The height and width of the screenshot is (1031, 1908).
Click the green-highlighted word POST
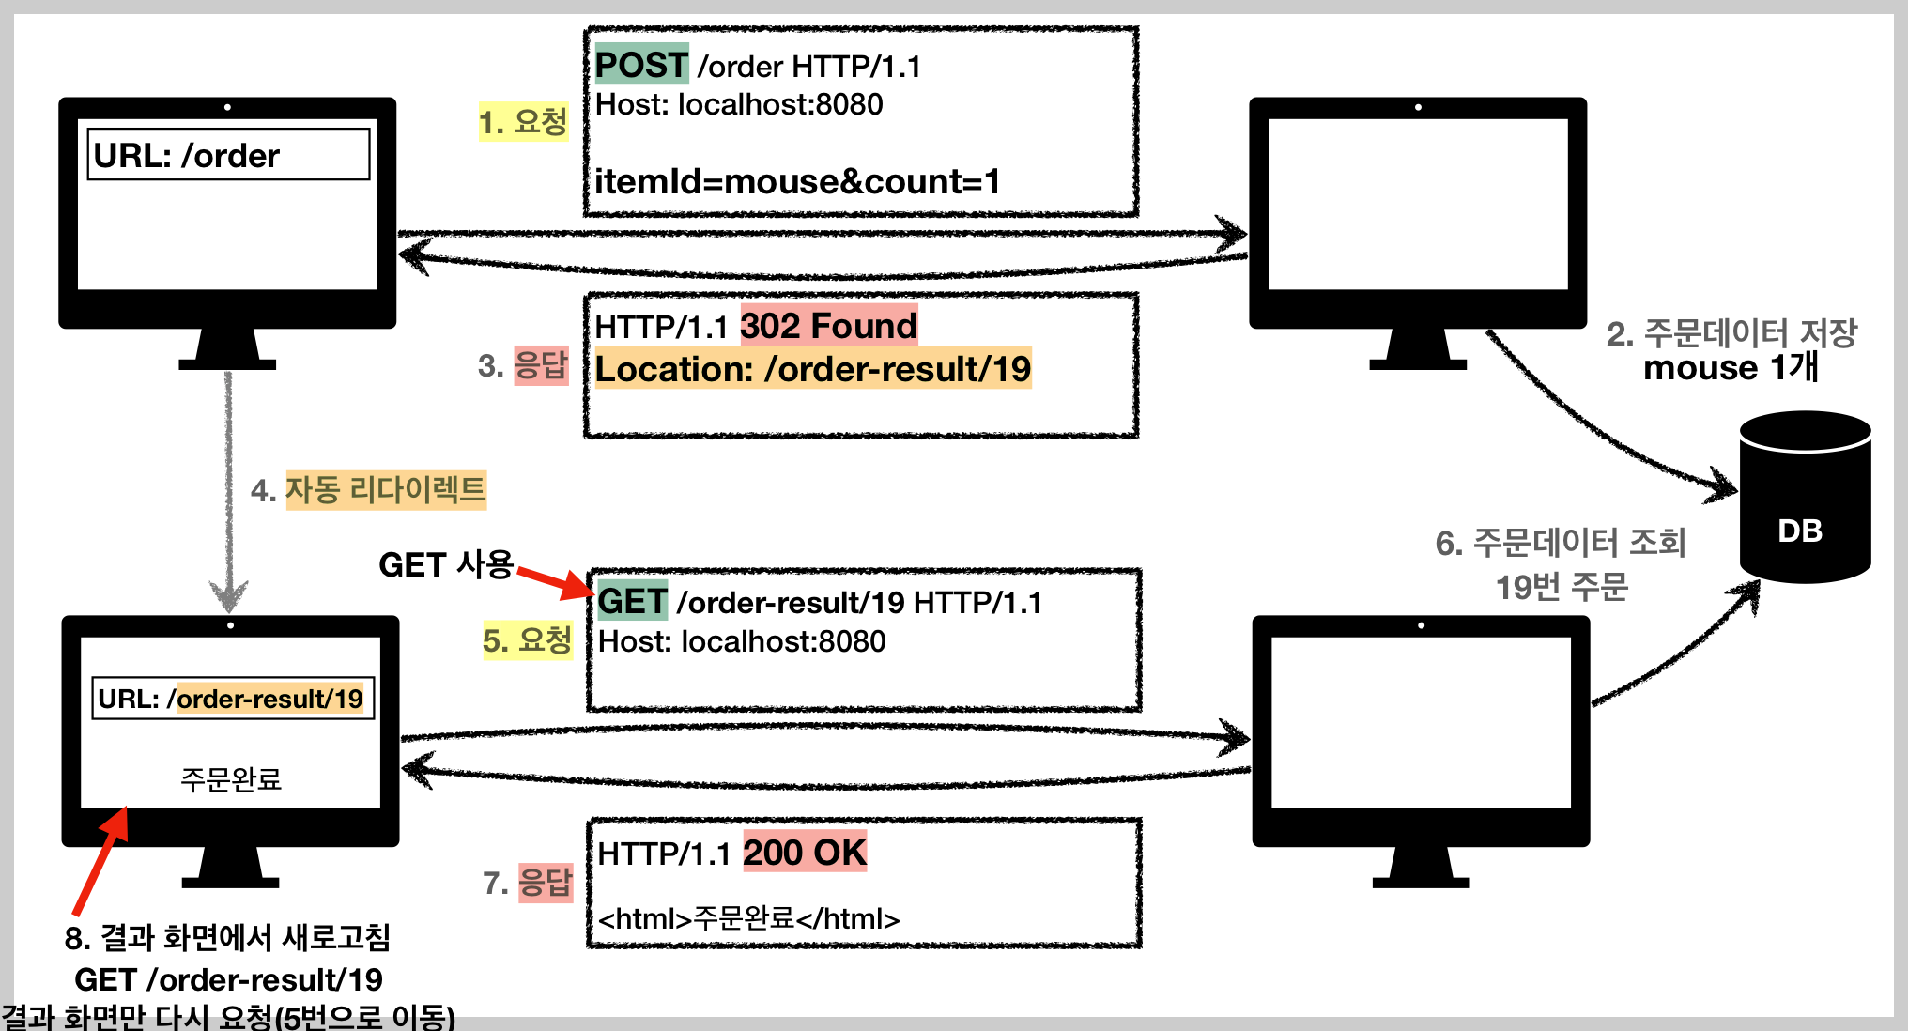coord(641,65)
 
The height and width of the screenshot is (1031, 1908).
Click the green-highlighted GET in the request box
coord(632,602)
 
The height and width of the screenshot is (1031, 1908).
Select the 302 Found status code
coord(828,326)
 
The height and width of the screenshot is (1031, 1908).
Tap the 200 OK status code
coord(805,853)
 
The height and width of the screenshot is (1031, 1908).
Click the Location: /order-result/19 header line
coord(813,369)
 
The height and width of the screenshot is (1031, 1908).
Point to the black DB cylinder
coord(1804,498)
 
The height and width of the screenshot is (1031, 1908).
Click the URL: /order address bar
coord(228,155)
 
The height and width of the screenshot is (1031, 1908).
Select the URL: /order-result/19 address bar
coord(233,699)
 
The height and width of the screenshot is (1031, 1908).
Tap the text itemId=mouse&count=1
coord(797,181)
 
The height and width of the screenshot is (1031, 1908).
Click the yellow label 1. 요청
coord(523,122)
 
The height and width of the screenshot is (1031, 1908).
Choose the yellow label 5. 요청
coord(527,640)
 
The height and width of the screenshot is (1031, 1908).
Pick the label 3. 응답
coord(523,365)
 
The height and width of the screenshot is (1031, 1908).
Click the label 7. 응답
coord(527,883)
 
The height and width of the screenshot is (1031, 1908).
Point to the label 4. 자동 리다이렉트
coord(368,490)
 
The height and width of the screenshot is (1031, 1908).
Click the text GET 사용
coord(445,564)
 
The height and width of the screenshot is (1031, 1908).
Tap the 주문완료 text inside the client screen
coord(231,779)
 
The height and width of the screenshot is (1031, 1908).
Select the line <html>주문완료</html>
coord(748,918)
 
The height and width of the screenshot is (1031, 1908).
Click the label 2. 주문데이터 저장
coord(1731,333)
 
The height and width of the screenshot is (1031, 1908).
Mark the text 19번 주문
coord(1562,588)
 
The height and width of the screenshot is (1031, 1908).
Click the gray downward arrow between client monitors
coord(228,488)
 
